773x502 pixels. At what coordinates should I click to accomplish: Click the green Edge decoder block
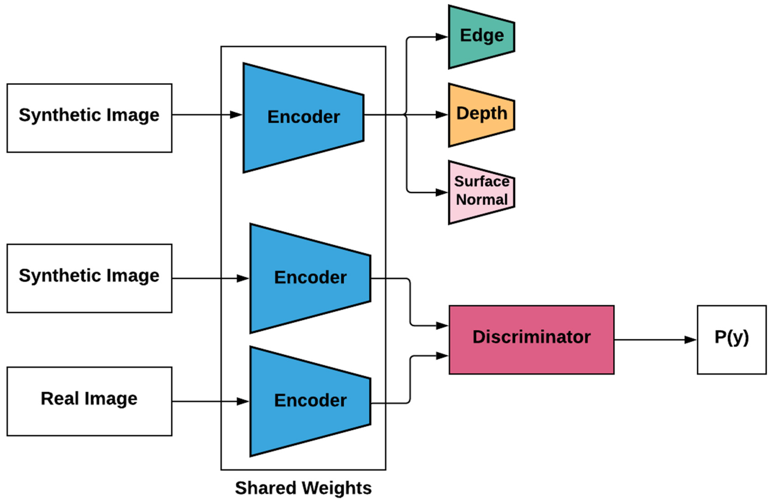481,36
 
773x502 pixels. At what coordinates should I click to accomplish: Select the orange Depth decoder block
481,114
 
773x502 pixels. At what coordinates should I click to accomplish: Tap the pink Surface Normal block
481,192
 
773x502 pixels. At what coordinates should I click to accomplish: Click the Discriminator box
531,340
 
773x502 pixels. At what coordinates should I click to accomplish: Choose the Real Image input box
89,401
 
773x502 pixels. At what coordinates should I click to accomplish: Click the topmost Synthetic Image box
89,118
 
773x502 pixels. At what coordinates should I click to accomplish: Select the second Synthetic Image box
89,278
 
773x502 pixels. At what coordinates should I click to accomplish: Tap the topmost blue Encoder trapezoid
303,118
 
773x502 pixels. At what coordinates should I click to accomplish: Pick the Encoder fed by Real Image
310,401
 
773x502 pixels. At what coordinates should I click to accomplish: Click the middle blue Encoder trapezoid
310,278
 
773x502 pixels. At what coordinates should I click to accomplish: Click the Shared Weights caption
303,488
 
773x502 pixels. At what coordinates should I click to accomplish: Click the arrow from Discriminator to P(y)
655,340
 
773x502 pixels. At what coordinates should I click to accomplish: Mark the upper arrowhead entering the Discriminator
442,325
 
